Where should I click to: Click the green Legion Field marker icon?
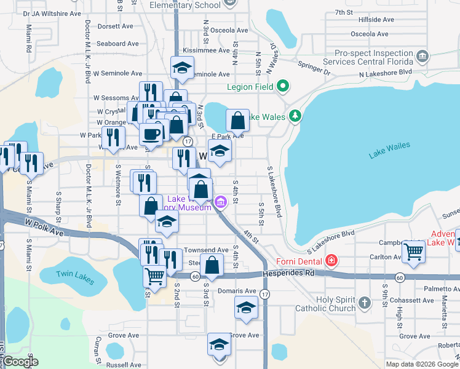click(283, 86)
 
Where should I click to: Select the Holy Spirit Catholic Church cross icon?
click(365, 303)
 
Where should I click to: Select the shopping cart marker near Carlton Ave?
click(413, 251)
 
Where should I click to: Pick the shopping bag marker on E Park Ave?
click(237, 121)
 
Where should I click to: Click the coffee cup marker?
click(151, 133)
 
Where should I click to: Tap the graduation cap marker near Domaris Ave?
click(246, 307)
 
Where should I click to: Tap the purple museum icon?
click(220, 202)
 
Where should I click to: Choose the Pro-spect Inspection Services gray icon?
click(422, 57)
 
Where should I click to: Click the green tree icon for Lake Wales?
click(295, 116)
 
